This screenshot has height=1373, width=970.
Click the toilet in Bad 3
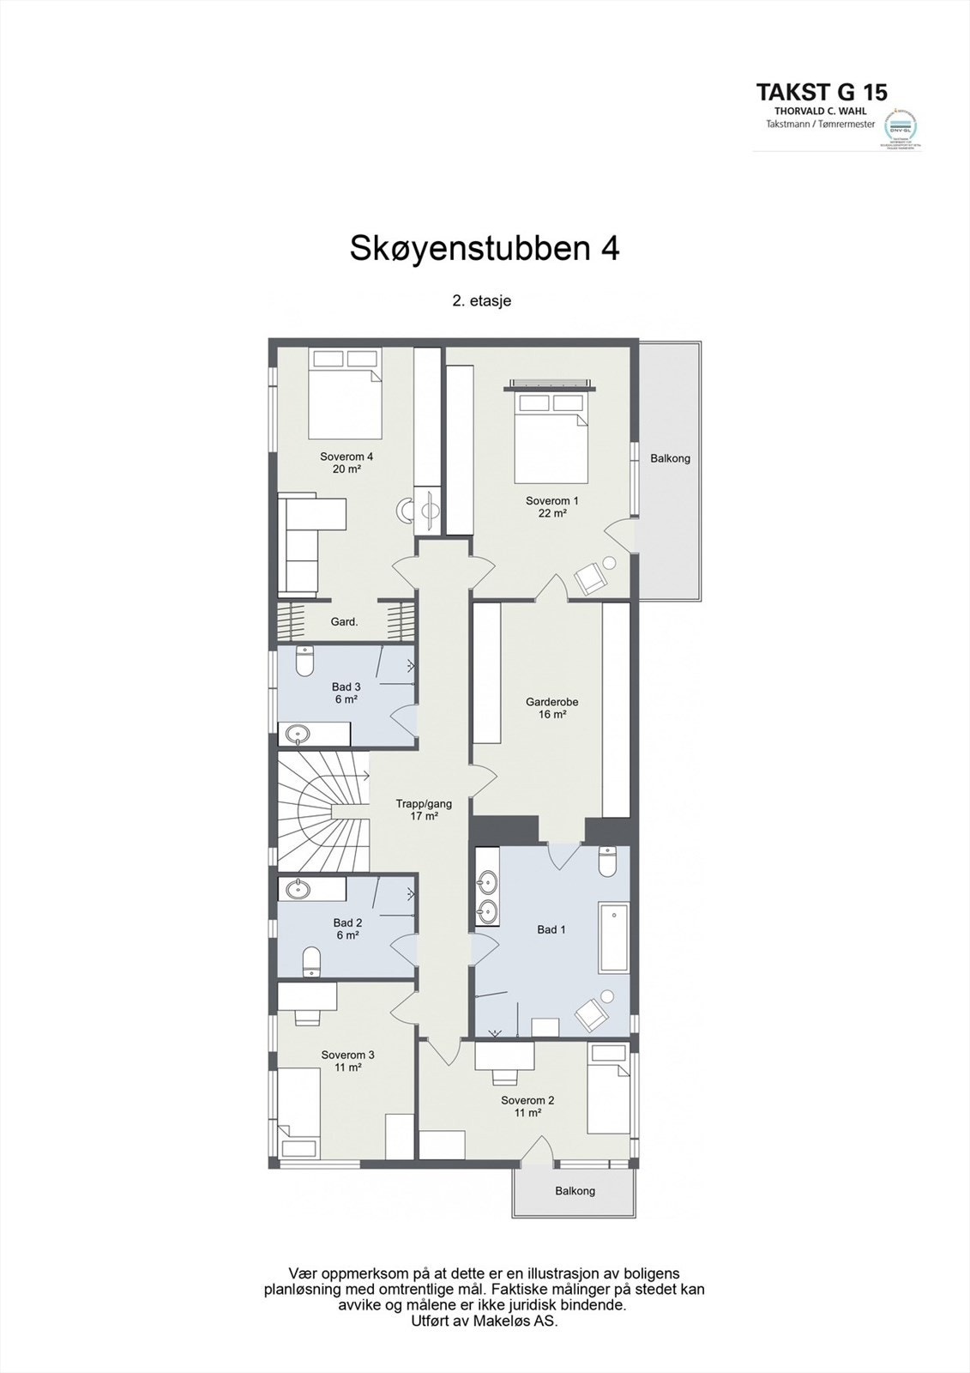pyautogui.click(x=304, y=661)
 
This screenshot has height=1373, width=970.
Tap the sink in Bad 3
pyautogui.click(x=298, y=734)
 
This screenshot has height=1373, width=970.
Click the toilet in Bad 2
pyautogui.click(x=311, y=960)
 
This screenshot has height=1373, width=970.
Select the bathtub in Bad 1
pyautogui.click(x=613, y=936)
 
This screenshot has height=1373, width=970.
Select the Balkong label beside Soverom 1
pyautogui.click(x=670, y=458)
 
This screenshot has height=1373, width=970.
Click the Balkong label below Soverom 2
pyautogui.click(x=575, y=1190)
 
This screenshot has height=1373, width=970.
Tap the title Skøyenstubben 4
pyautogui.click(x=484, y=248)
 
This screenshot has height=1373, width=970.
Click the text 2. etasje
pyautogui.click(x=482, y=301)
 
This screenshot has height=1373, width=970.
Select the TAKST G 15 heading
pyautogui.click(x=821, y=92)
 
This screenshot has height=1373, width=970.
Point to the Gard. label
pyautogui.click(x=344, y=621)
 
